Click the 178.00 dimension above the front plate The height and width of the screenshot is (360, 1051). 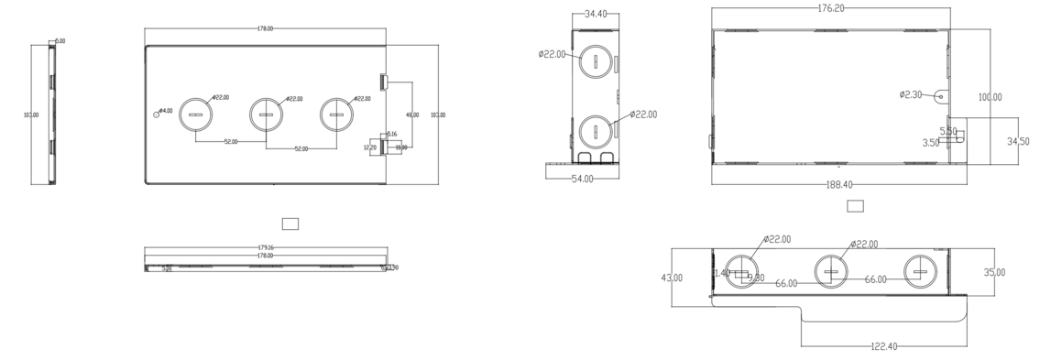[x=265, y=29]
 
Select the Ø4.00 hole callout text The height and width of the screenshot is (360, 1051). [x=167, y=111]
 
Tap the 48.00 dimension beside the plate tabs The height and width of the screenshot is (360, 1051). [x=411, y=115]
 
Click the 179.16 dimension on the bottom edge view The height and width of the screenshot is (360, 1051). [x=265, y=247]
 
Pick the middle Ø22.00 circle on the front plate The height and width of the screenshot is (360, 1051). [x=266, y=115]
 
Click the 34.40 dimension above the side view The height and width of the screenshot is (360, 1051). [x=596, y=14]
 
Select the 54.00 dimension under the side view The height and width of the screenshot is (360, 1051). [x=582, y=179]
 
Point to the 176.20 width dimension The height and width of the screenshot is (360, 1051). [x=830, y=8]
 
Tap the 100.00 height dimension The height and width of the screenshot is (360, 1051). [x=990, y=97]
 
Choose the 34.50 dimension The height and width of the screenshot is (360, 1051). [x=1017, y=141]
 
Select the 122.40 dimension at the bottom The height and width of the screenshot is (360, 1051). [x=884, y=346]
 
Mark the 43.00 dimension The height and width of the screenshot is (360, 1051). [x=673, y=278]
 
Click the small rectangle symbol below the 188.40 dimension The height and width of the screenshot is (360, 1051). [x=854, y=206]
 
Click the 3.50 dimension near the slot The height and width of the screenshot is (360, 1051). [x=930, y=143]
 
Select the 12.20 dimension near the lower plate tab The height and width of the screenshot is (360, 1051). [x=370, y=147]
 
